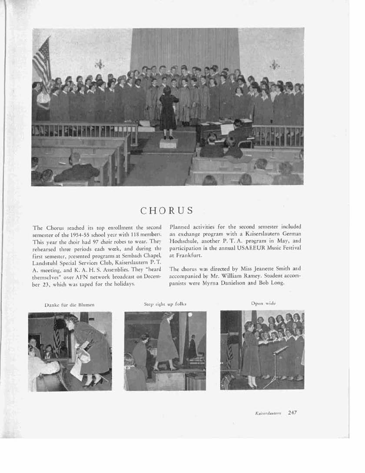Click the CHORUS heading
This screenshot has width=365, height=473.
tap(167, 211)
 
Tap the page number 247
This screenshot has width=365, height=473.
tap(292, 413)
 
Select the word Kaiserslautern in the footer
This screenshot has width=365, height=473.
tap(268, 413)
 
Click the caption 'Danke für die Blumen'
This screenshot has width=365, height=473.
tap(70, 305)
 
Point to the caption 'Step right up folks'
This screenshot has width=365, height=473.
tap(165, 303)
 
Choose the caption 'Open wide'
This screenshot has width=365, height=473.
tap(263, 303)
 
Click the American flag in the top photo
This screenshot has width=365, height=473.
tap(42, 61)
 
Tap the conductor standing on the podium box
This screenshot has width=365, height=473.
tap(168, 111)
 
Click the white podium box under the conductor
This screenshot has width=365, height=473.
tap(168, 143)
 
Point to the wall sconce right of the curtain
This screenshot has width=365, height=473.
tap(275, 65)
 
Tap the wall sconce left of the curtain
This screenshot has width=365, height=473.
tap(100, 65)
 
